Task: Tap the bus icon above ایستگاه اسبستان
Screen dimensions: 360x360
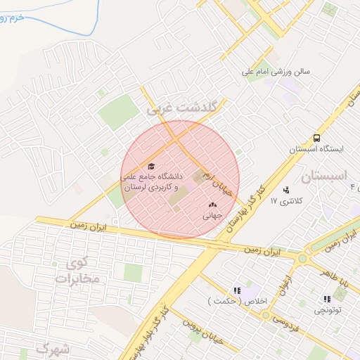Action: point(317,138)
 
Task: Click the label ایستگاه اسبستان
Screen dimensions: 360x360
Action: point(317,149)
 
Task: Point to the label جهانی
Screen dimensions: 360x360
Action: point(212,216)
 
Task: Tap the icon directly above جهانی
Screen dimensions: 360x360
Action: point(212,205)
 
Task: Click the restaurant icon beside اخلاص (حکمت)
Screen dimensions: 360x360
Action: point(238,290)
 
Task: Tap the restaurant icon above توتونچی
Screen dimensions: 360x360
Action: point(327,299)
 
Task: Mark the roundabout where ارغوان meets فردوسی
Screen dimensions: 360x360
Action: point(266,315)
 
